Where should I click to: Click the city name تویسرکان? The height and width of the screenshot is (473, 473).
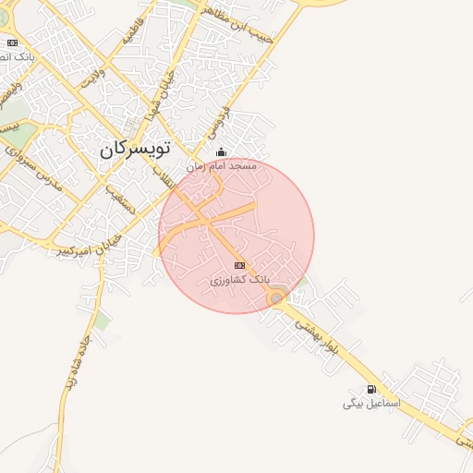pyautogui.click(x=138, y=148)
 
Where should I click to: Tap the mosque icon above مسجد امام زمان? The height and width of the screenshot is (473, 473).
pyautogui.click(x=220, y=152)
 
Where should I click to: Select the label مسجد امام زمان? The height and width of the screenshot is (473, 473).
pyautogui.click(x=221, y=166)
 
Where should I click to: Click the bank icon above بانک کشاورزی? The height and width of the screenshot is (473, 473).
pyautogui.click(x=240, y=265)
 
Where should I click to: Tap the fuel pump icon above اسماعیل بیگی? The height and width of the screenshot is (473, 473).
pyautogui.click(x=371, y=389)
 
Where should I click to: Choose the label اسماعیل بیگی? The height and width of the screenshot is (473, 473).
pyautogui.click(x=370, y=404)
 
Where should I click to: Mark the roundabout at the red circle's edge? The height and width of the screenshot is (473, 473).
pyautogui.click(x=275, y=298)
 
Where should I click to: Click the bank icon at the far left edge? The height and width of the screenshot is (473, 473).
pyautogui.click(x=12, y=42)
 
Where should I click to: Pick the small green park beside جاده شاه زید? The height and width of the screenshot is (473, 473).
pyautogui.click(x=102, y=321)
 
